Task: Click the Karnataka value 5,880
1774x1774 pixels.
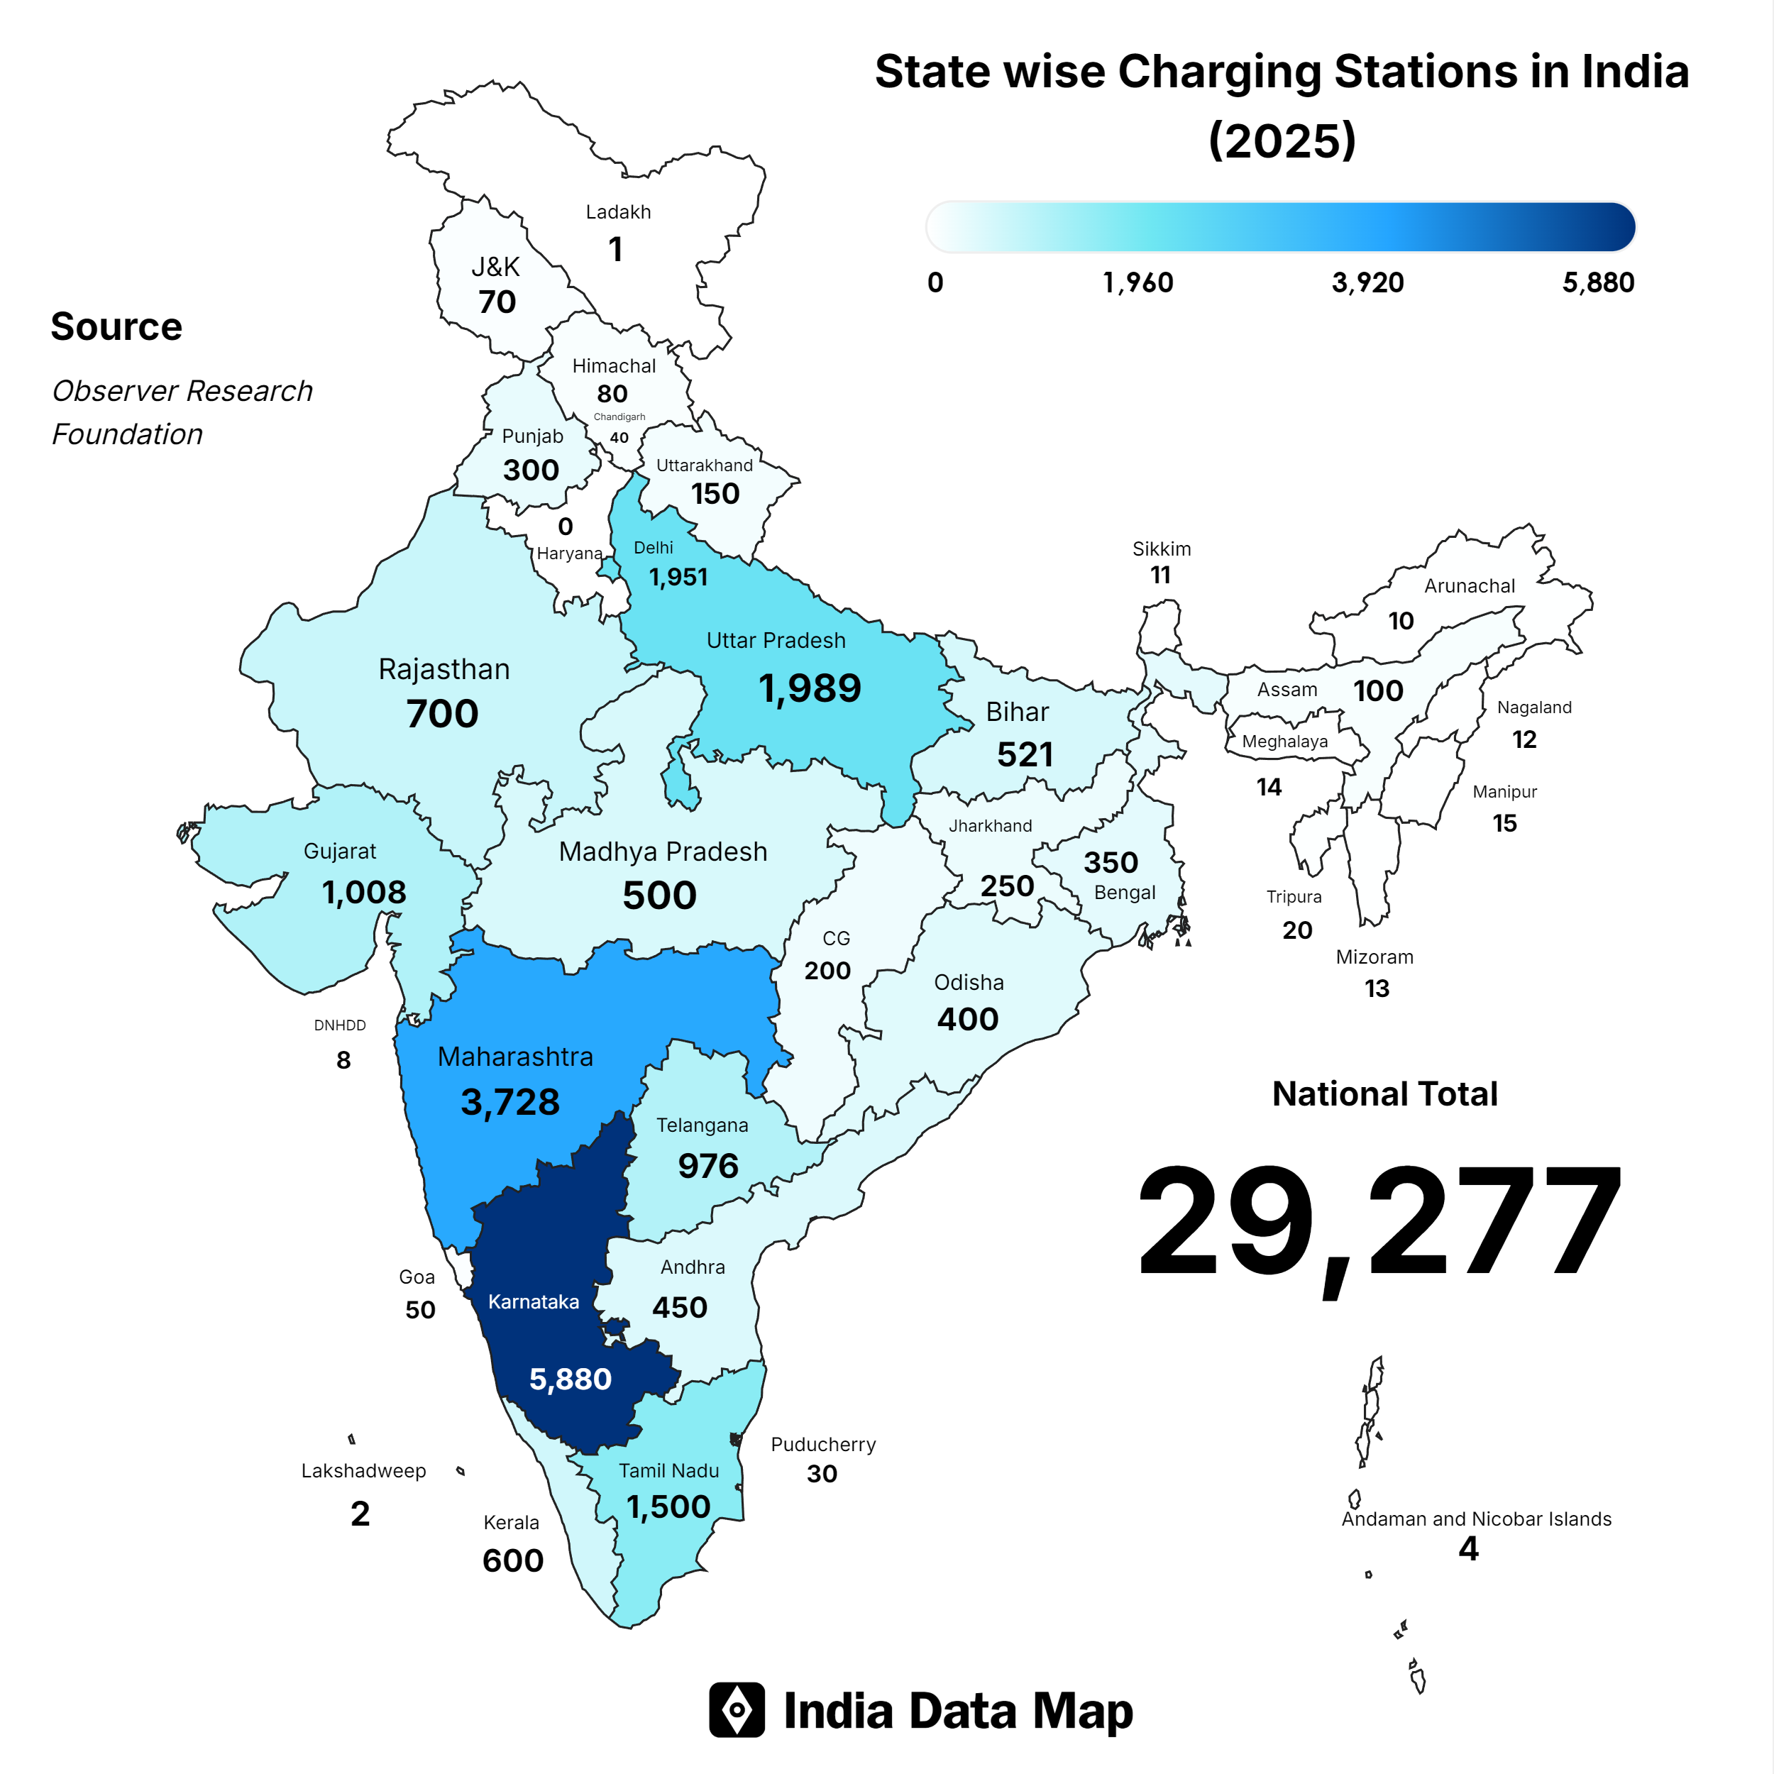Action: [x=571, y=1379]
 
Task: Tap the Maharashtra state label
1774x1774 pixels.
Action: [x=515, y=1057]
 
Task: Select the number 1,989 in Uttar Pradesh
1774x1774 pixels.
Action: [x=810, y=688]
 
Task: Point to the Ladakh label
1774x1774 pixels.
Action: [x=618, y=212]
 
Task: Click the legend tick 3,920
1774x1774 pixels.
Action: [x=1367, y=283]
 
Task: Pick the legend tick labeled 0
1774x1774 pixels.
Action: [x=935, y=283]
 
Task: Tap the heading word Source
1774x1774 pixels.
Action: [x=116, y=327]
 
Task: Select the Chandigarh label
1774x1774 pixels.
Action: [x=619, y=417]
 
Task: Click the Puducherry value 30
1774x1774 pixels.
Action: [x=822, y=1474]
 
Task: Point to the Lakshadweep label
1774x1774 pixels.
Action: [x=363, y=1471]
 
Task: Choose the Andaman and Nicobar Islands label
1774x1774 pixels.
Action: [x=1475, y=1519]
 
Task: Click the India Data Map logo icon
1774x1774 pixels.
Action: [x=737, y=1709]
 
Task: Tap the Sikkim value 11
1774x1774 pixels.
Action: [x=1161, y=575]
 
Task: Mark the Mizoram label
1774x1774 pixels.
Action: [x=1374, y=957]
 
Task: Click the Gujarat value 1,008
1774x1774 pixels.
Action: [x=363, y=893]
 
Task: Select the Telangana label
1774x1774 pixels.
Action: [x=702, y=1125]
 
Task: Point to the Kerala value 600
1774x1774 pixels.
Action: [x=512, y=1561]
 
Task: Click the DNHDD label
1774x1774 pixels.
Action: [x=340, y=1025]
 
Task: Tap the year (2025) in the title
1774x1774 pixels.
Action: [x=1282, y=141]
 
